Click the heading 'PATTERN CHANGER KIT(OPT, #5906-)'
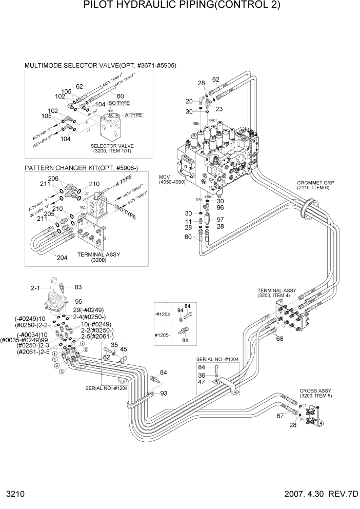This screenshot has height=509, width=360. [x=82, y=168]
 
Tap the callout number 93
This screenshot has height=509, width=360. [x=164, y=394]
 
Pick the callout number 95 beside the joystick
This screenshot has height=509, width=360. [x=79, y=302]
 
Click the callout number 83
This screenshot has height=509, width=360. [x=78, y=287]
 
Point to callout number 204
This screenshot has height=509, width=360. [x=62, y=258]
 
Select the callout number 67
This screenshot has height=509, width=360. [x=280, y=416]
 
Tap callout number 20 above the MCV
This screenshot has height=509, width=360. [x=189, y=101]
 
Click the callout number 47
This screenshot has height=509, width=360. [x=202, y=382]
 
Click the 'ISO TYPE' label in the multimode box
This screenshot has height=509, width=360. [x=117, y=103]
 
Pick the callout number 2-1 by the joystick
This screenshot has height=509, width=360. [x=35, y=288]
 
